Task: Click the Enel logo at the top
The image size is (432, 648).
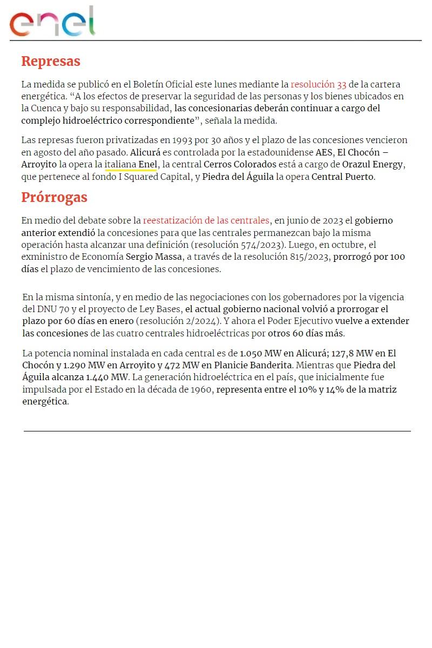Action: pyautogui.click(x=52, y=22)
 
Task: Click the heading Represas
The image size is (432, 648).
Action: pyautogui.click(x=51, y=61)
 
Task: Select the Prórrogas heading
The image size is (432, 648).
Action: pyautogui.click(x=54, y=197)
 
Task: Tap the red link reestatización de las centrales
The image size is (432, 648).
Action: pyautogui.click(x=206, y=220)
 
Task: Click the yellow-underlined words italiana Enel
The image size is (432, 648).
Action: pyautogui.click(x=131, y=164)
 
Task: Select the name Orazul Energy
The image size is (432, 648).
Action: pyautogui.click(x=373, y=164)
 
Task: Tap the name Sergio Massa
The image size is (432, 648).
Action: pyautogui.click(x=153, y=257)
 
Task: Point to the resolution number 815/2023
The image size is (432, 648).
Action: pyautogui.click(x=308, y=257)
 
